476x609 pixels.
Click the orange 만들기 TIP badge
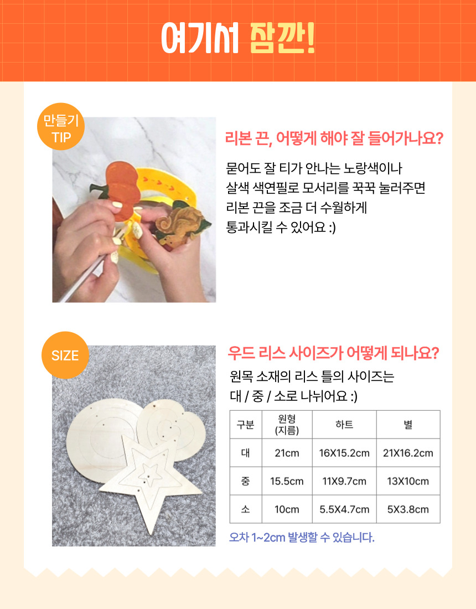61,127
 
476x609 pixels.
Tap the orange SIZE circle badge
65,355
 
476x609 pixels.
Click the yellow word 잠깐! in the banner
282,38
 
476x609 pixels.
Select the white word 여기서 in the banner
200,38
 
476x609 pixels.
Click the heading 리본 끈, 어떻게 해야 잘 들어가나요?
334,138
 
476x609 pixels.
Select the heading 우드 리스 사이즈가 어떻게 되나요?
333,353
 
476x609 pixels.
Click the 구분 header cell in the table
246,425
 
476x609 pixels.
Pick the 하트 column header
344,425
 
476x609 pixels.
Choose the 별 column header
408,425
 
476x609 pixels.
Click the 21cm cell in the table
287,453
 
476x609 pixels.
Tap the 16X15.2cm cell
344,453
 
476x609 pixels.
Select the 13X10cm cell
408,481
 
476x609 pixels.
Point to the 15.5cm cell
287,481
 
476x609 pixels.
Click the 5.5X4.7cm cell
344,509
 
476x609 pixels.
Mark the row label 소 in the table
246,509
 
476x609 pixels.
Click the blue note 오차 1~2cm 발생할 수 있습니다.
302,538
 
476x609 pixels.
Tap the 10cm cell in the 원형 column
287,509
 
